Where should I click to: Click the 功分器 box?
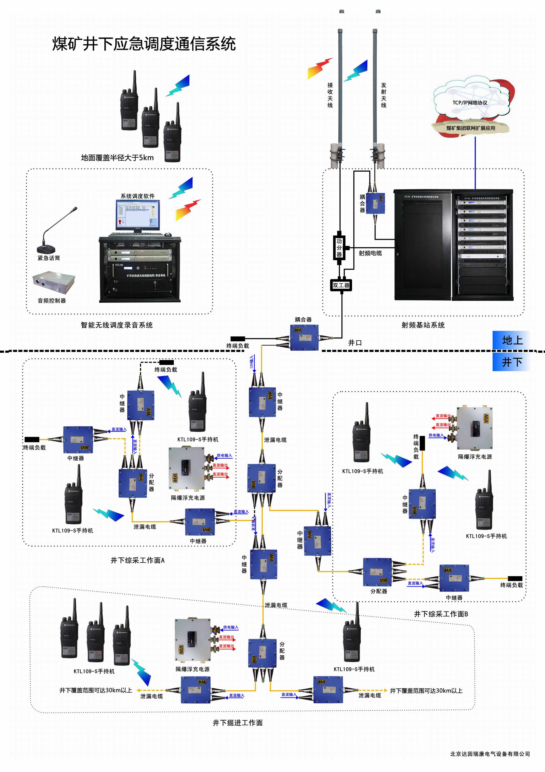[339, 248]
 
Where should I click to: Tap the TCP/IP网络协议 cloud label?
[470, 103]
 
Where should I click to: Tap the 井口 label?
[355, 343]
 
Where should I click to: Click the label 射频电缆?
[370, 253]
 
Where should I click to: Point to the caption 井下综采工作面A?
[138, 560]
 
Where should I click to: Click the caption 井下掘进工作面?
[238, 722]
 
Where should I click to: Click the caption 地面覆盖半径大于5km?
[117, 158]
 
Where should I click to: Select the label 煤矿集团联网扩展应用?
[471, 128]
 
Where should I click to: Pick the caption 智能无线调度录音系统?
[116, 325]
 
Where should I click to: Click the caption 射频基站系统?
[423, 325]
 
